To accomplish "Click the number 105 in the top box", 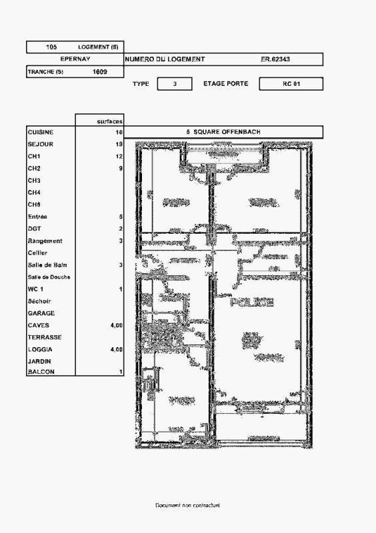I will click(x=51, y=47).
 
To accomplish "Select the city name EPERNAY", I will click(x=75, y=59).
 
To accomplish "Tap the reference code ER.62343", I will click(x=275, y=59).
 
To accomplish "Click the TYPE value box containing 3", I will click(x=175, y=84).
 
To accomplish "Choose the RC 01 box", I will click(x=291, y=84).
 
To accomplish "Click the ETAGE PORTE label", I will click(x=225, y=84).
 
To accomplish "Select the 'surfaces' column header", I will click(x=109, y=121).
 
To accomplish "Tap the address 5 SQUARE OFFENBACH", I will click(x=223, y=132).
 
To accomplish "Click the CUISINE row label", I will click(x=41, y=133).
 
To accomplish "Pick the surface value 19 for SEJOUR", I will click(x=119, y=145).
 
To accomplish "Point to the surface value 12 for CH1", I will click(x=119, y=157).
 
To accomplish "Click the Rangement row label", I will click(x=45, y=241).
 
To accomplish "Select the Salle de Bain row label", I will click(x=47, y=265).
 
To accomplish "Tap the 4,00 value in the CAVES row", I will click(x=116, y=325).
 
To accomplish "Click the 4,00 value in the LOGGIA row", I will click(x=116, y=349).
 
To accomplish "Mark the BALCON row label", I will click(x=41, y=372).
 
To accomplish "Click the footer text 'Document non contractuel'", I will click(x=187, y=506).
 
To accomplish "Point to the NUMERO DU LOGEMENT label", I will click(x=165, y=59).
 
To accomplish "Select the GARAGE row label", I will click(x=41, y=313).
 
